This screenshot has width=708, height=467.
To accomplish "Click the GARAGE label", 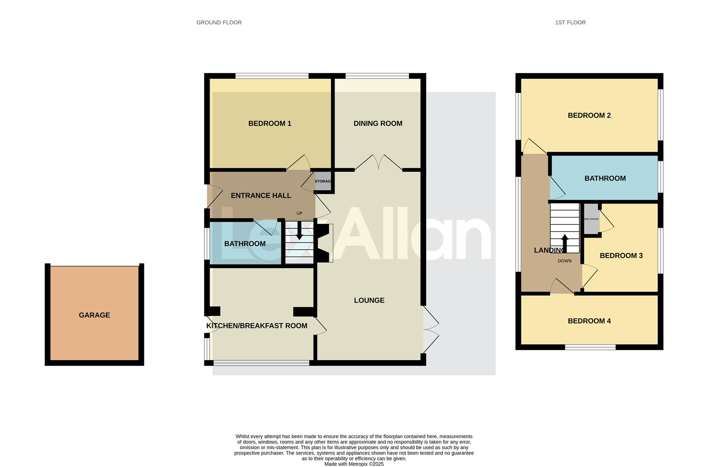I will (94, 315).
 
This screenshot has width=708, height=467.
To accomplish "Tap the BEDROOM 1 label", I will (270, 124).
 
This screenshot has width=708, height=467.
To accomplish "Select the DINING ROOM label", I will (378, 124).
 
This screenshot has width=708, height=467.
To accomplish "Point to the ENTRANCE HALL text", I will (261, 195).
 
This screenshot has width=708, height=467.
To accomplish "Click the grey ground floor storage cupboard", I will (322, 181).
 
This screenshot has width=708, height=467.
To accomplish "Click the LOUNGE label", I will (369, 300).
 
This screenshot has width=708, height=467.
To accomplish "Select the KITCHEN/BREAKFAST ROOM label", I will (257, 326).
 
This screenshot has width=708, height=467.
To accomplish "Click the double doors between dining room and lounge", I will (379, 163).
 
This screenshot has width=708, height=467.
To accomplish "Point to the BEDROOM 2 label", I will (589, 115).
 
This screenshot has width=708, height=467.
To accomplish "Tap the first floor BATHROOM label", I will (605, 178).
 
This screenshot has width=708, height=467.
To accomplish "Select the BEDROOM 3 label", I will (621, 256).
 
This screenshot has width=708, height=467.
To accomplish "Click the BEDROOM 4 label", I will (589, 321).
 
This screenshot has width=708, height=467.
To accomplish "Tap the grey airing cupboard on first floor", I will (591, 219).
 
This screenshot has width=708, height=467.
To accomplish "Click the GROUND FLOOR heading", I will (219, 22).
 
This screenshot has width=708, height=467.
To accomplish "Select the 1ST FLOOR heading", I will (570, 22).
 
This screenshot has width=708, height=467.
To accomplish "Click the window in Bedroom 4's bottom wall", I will (590, 347).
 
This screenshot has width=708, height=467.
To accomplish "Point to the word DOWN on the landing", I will (564, 261).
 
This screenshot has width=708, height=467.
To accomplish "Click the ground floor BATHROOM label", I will (245, 244).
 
